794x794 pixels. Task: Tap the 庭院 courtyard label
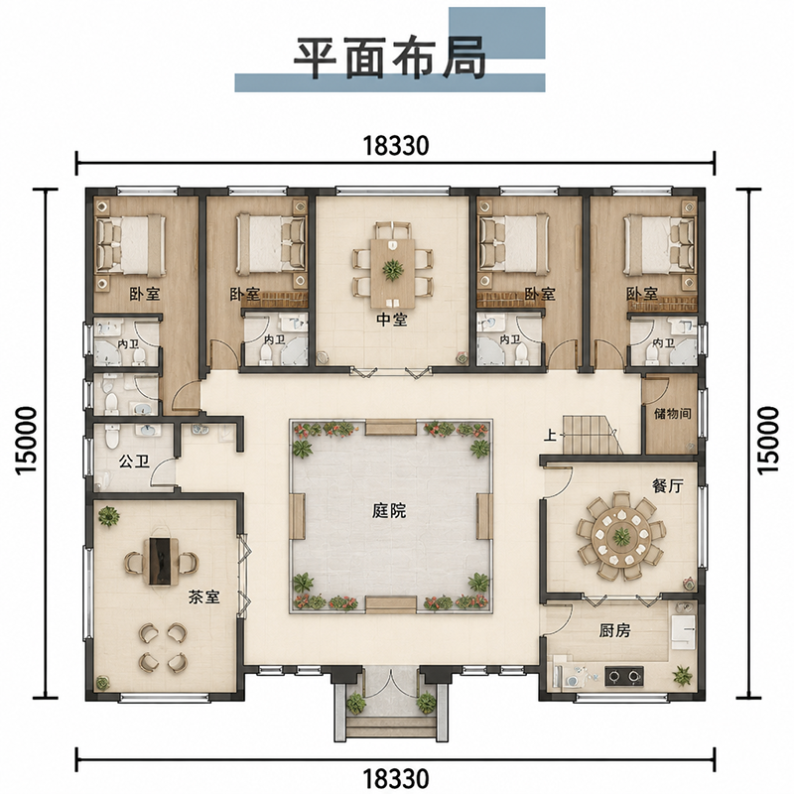[389, 511]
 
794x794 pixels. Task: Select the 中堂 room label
[392, 320]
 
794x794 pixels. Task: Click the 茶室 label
[204, 597]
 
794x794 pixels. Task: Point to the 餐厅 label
[667, 486]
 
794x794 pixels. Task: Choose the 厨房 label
[614, 630]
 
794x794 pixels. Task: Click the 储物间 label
[673, 414]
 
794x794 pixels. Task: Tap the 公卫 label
[134, 462]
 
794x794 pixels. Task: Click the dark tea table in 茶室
[161, 561]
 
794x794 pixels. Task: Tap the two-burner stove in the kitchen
[624, 676]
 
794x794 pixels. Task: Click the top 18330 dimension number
[396, 146]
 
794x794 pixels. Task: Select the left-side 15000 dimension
[27, 440]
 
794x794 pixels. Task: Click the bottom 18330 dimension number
[396, 777]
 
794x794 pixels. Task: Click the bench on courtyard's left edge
[297, 516]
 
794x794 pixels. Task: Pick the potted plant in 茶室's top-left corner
[108, 516]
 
